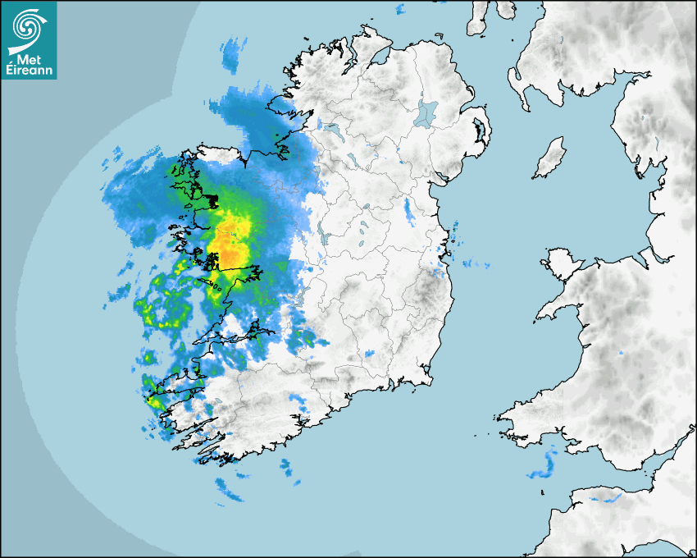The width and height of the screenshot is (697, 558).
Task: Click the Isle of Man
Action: tap(549, 158)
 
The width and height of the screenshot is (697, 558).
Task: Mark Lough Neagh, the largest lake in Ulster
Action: tap(427, 112)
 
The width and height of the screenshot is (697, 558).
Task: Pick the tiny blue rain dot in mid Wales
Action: tap(621, 353)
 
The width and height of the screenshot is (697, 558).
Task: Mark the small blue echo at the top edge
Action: tap(400, 9)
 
